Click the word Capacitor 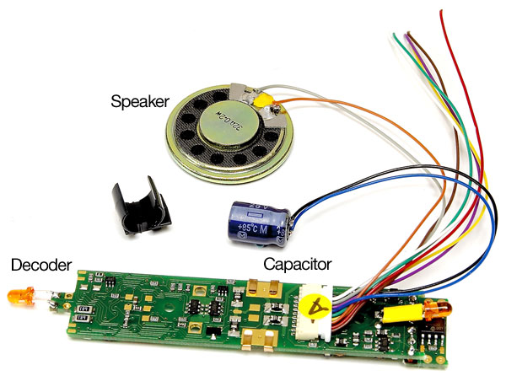click(297, 264)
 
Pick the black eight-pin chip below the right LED click(433, 341)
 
